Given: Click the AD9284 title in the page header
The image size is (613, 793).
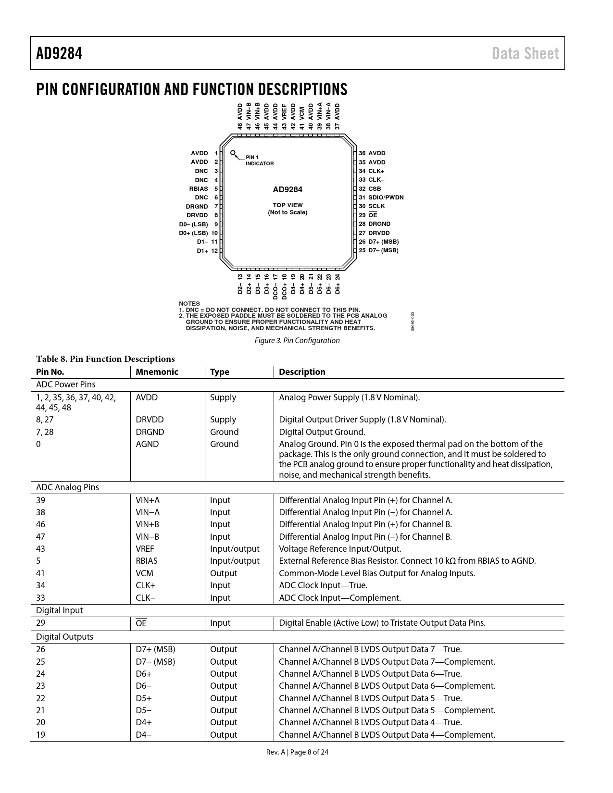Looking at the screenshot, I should pos(59,53).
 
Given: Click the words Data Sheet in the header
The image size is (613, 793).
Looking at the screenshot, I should pos(525,53).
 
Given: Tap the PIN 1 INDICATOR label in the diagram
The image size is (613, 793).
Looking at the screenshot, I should pos(259,161).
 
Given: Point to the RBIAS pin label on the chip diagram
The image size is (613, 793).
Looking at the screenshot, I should pos(199,189).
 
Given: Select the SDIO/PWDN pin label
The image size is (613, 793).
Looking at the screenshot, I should pos(386,198).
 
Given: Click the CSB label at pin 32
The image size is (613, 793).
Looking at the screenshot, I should pos(375,189).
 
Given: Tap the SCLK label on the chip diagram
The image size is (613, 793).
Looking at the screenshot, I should pos(376,206).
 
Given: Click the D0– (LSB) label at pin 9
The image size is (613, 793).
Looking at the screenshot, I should pos(194,224).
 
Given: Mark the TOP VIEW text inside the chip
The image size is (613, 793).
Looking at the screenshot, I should pos(288,205).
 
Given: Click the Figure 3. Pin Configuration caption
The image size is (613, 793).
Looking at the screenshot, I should pos(297,341).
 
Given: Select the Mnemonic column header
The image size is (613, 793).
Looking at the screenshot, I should pos(157,372).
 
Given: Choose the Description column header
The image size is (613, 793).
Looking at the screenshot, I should pos(302,372).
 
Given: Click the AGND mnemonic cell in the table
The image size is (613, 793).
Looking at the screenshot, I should pos(147,444).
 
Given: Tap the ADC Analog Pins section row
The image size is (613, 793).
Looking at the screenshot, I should pos(68,487).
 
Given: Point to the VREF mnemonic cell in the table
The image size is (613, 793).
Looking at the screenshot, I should pos(145,549).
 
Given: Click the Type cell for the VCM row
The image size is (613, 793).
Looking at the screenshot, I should pos(224,573).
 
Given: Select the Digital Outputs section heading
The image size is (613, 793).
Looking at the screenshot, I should pos(65,637).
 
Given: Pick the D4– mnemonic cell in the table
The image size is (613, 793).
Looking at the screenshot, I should pos(144,735).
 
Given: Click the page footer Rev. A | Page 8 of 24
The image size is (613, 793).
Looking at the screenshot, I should pos(298,752).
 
